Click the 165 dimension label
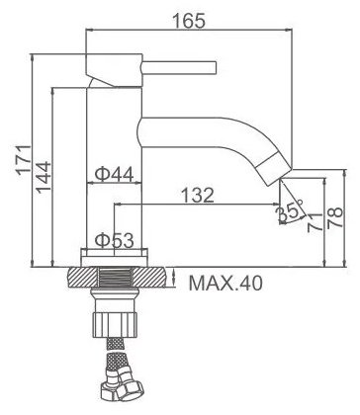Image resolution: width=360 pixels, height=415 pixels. click(189, 21)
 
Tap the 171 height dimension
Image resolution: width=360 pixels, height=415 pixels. click(24, 160)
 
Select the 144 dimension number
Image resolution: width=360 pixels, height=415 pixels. click(44, 177)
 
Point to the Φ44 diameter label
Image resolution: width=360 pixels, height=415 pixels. click(115, 174)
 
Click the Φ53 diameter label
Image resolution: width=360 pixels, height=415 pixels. click(115, 240)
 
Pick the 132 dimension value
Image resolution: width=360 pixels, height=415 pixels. click(198, 196)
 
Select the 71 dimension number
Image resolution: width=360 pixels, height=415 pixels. click(315, 222)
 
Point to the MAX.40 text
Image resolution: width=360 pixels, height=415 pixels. click(225, 283)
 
